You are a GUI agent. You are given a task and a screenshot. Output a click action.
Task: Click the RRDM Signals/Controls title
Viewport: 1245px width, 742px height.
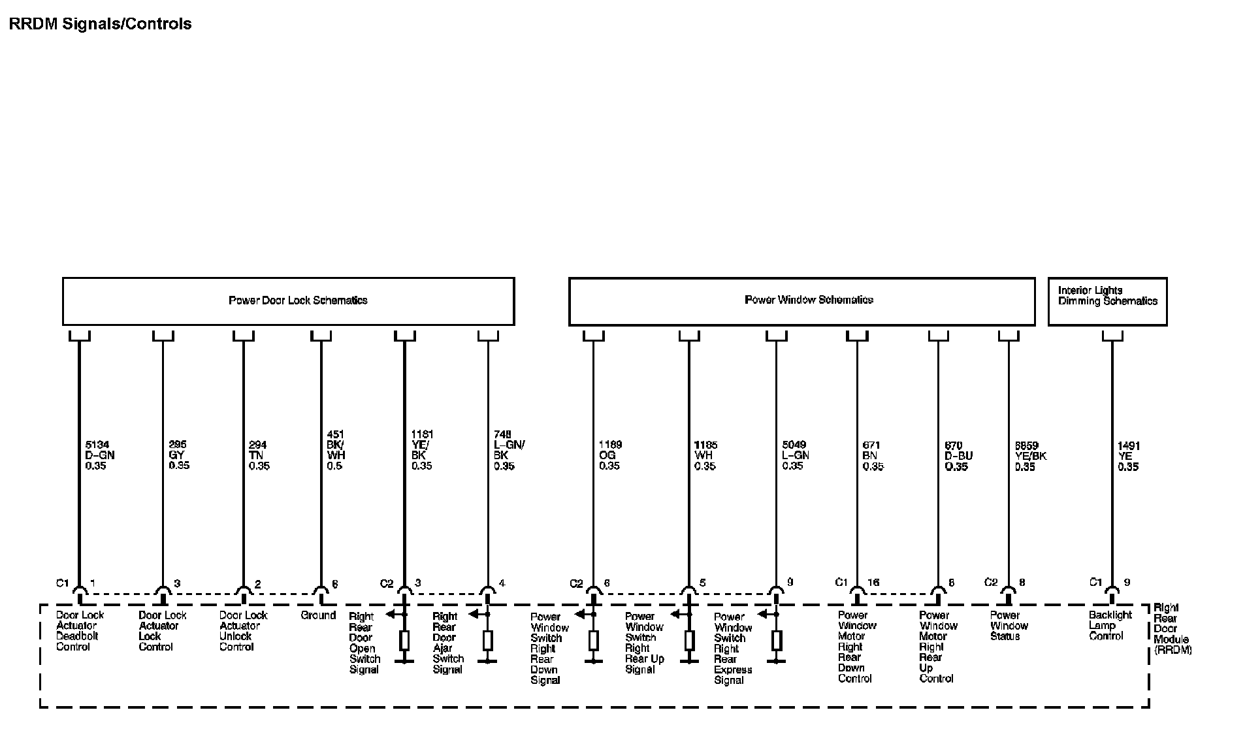(x=101, y=24)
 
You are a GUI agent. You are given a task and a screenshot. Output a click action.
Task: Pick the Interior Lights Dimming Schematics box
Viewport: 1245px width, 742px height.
(x=1107, y=296)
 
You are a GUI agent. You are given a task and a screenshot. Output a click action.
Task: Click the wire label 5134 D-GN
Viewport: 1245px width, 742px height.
(x=100, y=455)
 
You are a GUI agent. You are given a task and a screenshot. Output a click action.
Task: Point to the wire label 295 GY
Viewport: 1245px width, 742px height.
(x=178, y=455)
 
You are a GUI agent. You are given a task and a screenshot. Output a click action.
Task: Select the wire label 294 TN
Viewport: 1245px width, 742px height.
(x=259, y=455)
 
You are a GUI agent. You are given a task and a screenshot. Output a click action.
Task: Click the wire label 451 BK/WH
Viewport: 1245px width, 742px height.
(x=336, y=450)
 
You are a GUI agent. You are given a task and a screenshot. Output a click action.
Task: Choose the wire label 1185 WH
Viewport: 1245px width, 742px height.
(x=705, y=455)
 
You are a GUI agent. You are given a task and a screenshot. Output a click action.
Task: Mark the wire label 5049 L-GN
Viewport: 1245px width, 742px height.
(x=796, y=455)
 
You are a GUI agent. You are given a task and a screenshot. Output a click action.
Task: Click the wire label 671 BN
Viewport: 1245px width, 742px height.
(x=873, y=455)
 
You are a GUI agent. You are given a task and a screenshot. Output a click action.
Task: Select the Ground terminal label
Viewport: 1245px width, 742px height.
(x=318, y=615)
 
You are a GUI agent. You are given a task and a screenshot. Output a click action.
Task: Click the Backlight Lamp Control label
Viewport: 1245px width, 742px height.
(x=1110, y=625)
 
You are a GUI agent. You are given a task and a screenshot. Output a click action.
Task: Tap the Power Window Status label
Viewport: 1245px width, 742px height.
(x=1009, y=625)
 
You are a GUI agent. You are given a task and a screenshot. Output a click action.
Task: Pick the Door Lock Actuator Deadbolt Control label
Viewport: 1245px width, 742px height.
(x=80, y=631)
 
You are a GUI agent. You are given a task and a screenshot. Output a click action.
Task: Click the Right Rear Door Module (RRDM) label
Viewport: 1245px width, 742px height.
(x=1172, y=629)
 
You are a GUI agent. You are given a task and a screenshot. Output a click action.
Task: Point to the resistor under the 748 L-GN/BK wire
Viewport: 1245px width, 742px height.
(x=488, y=640)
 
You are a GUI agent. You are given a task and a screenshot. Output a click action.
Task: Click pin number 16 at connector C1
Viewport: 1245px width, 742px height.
(x=873, y=583)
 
